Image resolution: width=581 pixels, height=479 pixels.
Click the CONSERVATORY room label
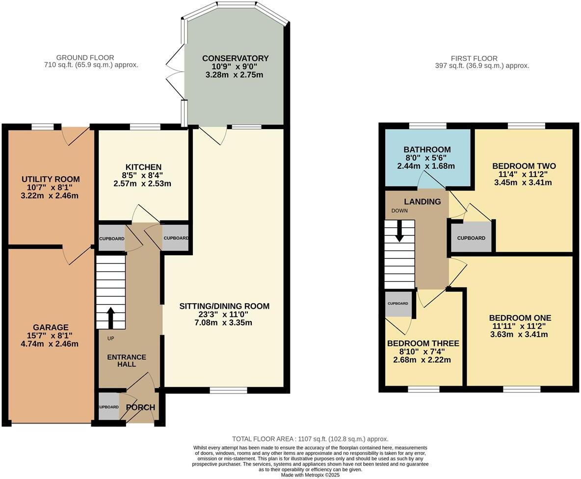click(235, 58)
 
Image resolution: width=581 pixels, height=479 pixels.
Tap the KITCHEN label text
click(143, 167)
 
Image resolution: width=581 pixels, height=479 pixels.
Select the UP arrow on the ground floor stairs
click(110, 317)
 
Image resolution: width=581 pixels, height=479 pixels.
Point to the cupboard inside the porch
click(108, 407)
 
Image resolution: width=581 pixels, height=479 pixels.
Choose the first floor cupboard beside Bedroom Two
click(471, 238)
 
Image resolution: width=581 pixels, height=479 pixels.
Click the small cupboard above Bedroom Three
click(398, 304)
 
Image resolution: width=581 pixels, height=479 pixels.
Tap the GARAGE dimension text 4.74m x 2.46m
click(51, 344)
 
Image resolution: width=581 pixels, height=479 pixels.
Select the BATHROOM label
click(427, 150)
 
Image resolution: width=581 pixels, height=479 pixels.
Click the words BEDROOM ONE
click(520, 318)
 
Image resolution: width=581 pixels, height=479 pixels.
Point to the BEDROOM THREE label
click(423, 344)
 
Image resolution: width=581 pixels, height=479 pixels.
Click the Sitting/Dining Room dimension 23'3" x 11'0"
click(224, 315)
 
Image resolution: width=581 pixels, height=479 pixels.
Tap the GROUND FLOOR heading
click(85, 58)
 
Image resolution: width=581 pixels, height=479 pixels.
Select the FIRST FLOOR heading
click(474, 58)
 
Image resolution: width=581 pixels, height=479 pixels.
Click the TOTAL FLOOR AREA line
click(310, 439)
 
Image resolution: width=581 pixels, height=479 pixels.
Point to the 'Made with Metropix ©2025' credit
click(310, 475)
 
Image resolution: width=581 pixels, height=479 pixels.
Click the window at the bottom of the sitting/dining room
click(228, 390)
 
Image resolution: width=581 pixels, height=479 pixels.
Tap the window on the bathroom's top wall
click(427, 126)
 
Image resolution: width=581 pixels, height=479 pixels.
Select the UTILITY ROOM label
click(51, 179)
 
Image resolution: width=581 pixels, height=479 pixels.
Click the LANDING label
click(422, 202)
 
